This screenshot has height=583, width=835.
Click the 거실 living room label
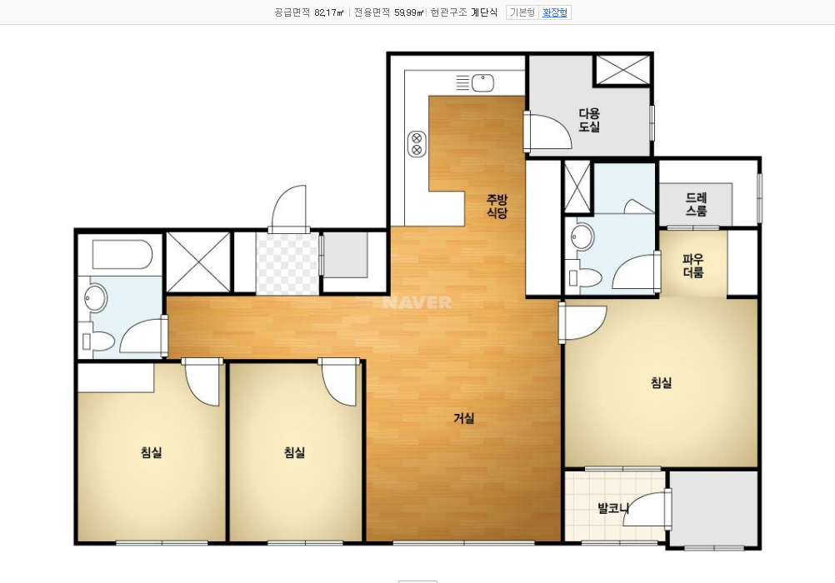[463, 418]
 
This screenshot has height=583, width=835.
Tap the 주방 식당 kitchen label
[497, 206]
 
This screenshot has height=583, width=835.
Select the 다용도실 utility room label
[589, 120]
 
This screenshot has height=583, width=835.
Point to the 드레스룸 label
[696, 204]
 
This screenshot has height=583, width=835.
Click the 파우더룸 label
[693, 267]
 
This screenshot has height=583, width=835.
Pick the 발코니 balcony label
[613, 508]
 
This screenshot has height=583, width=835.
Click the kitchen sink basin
[483, 82]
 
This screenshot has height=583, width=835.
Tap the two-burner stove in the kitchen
[417, 144]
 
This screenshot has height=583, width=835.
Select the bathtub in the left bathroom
[122, 255]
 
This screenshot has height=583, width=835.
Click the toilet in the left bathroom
[98, 341]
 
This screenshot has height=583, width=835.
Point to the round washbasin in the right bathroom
[582, 237]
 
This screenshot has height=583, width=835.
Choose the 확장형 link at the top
[555, 12]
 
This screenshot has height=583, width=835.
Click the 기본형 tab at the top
[522, 12]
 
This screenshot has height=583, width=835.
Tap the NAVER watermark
[417, 303]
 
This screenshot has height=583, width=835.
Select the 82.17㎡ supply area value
[329, 12]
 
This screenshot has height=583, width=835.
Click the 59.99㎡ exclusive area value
[409, 12]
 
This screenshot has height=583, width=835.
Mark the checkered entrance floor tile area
[287, 263]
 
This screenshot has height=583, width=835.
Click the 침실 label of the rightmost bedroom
[661, 382]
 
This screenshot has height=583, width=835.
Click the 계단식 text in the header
[484, 12]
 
